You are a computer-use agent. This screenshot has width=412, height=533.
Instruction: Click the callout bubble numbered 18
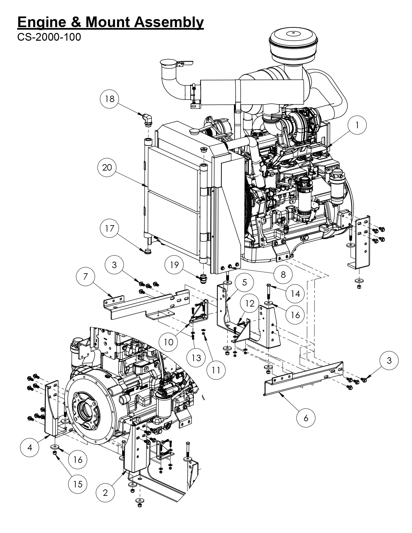(x=110, y=99)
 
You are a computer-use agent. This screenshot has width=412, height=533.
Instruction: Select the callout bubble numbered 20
(x=107, y=167)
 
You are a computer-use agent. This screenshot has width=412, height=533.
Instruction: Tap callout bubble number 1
(x=357, y=125)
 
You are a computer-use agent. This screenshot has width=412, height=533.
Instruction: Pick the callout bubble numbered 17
(x=110, y=228)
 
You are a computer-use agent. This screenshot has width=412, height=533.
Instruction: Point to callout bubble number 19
(x=174, y=265)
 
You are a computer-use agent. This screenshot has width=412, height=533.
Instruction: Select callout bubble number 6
(x=306, y=418)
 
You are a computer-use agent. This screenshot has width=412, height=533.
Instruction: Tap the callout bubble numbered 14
(x=295, y=294)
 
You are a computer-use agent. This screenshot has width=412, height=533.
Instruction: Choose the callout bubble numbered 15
(x=78, y=484)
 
